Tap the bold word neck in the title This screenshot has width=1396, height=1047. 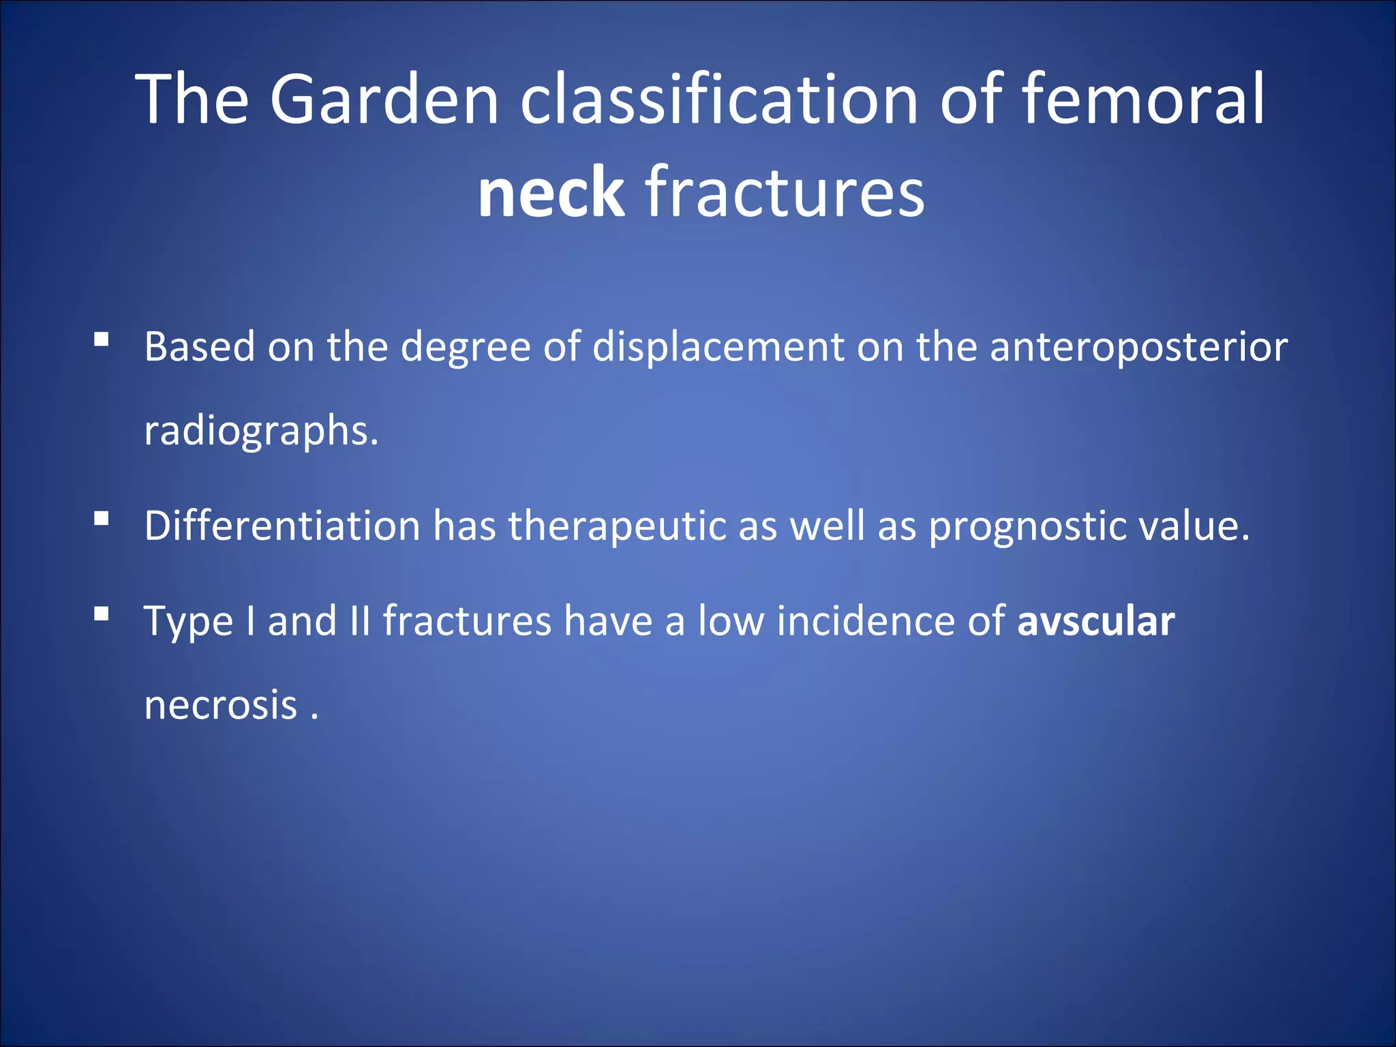point(551,193)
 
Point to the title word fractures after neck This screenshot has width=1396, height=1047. point(785,193)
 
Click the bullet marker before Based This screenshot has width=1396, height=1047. point(102,339)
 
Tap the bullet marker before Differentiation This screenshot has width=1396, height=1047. point(102,519)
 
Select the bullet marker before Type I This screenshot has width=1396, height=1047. point(102,614)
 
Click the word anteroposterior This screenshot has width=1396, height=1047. point(1138,348)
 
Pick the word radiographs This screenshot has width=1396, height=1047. point(260,431)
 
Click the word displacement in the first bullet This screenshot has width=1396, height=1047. point(718,348)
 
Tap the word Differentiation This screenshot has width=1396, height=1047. point(282,526)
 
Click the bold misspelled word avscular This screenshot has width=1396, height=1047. point(1096,622)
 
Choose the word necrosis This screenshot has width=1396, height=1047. point(221,705)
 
